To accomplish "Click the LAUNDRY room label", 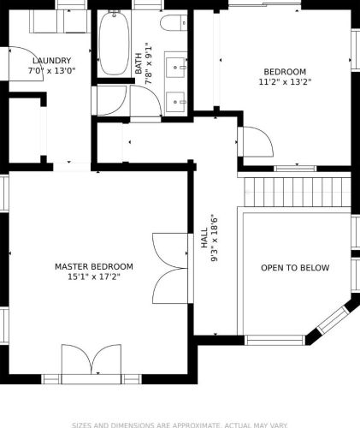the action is (51, 61).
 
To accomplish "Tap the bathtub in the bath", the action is (114, 43).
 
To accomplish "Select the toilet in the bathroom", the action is (174, 23).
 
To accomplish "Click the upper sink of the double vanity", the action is (175, 68).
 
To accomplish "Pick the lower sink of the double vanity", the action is (175, 102).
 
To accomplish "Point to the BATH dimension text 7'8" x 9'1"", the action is (149, 63).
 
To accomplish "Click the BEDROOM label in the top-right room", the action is (285, 72).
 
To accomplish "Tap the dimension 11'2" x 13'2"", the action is (285, 82).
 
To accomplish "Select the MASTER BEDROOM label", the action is (94, 266).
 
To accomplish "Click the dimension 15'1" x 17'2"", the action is (94, 276).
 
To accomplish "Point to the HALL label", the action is (204, 238).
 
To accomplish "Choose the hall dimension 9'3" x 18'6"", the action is (215, 238).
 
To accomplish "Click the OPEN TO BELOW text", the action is (295, 268).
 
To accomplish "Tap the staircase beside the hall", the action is (298, 192).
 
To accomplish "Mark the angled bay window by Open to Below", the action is (333, 320).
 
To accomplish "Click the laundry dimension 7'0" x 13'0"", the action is (51, 70).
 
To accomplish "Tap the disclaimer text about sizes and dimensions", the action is (180, 425).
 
